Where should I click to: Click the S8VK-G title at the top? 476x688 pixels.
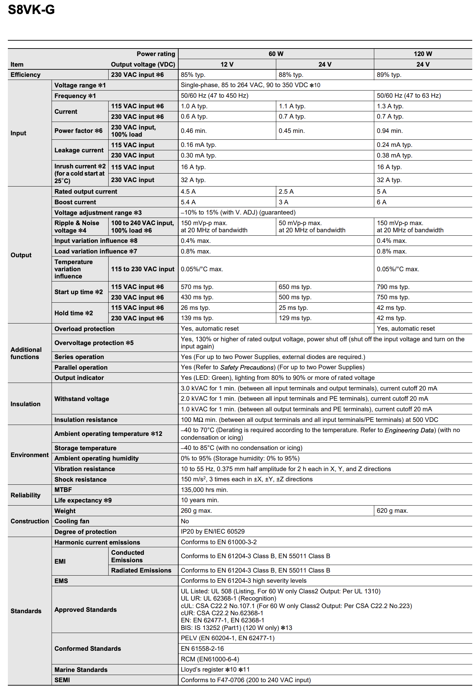pos(31,10)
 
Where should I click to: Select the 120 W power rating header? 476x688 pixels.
pos(423,54)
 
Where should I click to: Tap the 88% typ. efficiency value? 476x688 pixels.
pos(291,75)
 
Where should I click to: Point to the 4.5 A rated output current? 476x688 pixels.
pos(188,192)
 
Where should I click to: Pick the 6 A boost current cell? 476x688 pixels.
pos(381,202)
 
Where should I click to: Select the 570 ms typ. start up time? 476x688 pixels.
pos(197,287)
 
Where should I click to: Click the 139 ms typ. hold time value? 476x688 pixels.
pos(197,318)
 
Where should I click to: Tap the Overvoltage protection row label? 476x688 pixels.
pos(94,343)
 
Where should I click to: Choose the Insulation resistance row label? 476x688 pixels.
pos(86,419)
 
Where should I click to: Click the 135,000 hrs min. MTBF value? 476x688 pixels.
pos(204,490)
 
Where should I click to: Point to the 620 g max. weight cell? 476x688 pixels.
pos(392,511)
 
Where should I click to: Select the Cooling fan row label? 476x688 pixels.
pos(72,521)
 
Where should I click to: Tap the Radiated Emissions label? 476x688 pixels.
pos(141,570)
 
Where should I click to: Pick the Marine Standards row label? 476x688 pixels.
pos(81,670)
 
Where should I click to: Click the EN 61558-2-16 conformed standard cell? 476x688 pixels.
pos(202,648)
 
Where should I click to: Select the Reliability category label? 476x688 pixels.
pos(25,495)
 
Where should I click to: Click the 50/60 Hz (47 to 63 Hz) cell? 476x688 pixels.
pos(409,96)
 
